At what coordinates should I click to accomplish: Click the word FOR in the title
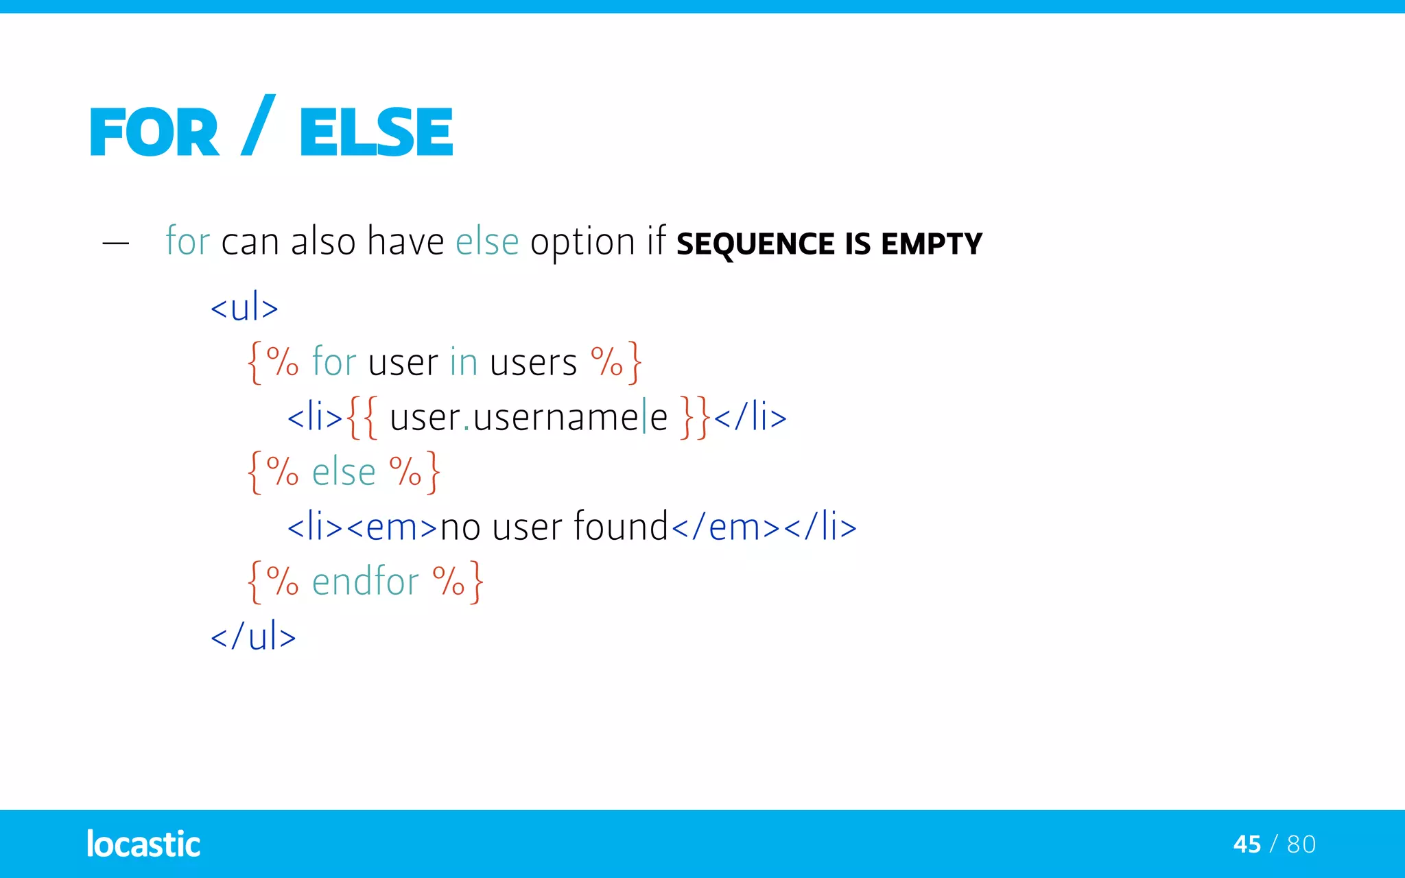click(x=154, y=132)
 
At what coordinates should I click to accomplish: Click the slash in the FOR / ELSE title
click(x=259, y=126)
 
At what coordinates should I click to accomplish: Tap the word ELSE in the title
click(x=376, y=132)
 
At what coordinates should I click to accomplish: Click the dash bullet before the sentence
click(x=115, y=243)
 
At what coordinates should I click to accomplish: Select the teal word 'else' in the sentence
click(x=487, y=241)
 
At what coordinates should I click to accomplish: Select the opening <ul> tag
click(x=244, y=307)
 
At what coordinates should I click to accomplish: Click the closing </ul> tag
click(x=253, y=636)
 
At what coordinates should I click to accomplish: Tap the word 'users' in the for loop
click(x=533, y=362)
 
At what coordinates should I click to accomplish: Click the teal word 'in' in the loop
click(x=464, y=362)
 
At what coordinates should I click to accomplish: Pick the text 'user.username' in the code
click(x=514, y=417)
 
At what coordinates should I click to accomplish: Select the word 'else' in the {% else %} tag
click(x=344, y=472)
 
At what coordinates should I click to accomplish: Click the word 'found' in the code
click(x=620, y=527)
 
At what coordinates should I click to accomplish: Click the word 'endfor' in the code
click(x=365, y=582)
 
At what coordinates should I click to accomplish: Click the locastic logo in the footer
click(x=143, y=844)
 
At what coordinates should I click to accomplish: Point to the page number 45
click(x=1247, y=844)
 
